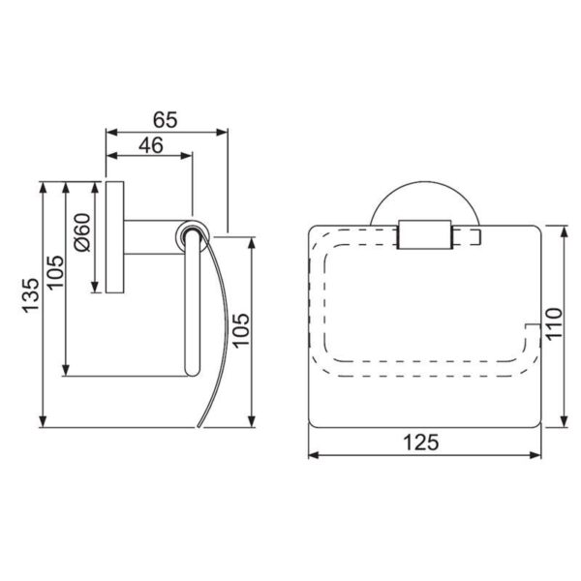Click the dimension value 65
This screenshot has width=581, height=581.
click(x=166, y=120)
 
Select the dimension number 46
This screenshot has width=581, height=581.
click(x=151, y=145)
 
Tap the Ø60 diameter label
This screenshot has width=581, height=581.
click(x=82, y=232)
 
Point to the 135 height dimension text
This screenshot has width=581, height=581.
click(x=32, y=295)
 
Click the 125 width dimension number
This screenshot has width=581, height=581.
click(x=421, y=443)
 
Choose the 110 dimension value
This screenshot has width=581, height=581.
click(x=554, y=323)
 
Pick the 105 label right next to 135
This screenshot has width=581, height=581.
click(x=56, y=272)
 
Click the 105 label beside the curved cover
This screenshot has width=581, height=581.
click(x=241, y=330)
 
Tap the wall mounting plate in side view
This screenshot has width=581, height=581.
click(x=115, y=237)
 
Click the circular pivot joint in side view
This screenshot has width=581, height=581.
click(x=192, y=237)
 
